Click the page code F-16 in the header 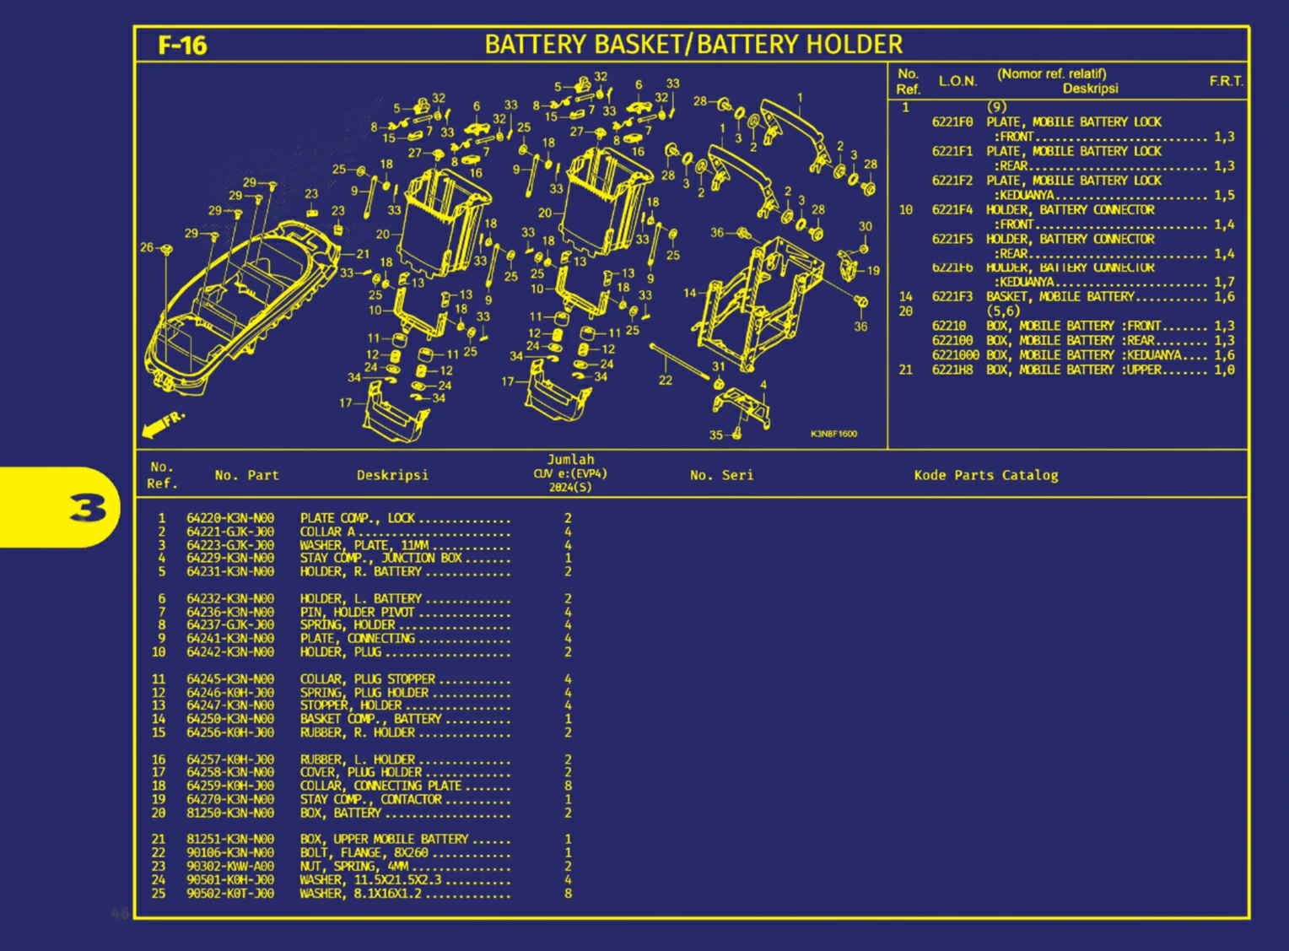182,45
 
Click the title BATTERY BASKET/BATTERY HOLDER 693,44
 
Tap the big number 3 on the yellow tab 89,508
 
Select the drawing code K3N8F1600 833,434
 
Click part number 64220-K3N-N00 230,518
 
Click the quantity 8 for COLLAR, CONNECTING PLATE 568,786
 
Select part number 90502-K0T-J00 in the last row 230,893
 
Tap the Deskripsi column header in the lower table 392,475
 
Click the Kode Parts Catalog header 985,475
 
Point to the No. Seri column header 721,475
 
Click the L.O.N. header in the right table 957,81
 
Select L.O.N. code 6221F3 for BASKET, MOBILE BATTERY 952,296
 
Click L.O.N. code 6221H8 952,370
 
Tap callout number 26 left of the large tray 147,247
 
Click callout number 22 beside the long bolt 665,380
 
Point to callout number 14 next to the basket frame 690,293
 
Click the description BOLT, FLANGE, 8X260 364,852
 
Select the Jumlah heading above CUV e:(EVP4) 570,460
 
